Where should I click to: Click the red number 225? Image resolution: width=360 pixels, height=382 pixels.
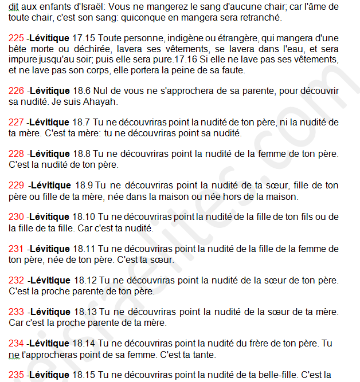[17, 38]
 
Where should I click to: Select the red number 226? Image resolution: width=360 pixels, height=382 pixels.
[17, 91]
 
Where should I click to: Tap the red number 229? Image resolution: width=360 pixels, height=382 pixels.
[17, 186]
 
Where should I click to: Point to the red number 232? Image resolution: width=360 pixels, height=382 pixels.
[17, 281]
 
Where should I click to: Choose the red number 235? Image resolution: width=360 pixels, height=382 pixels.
[17, 375]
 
